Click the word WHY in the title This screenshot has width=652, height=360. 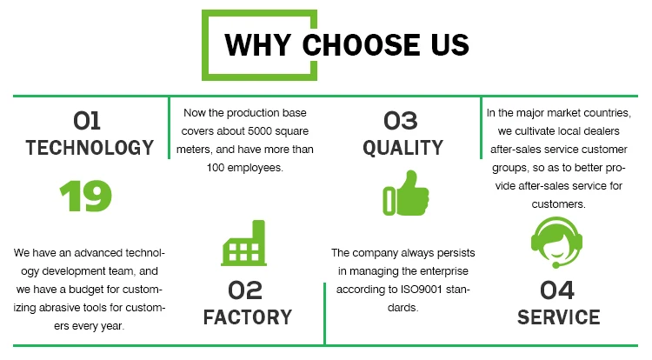point(258,44)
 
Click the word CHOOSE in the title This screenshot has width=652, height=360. point(361,44)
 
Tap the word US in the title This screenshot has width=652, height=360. point(450,44)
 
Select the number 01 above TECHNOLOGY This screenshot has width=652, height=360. point(87,121)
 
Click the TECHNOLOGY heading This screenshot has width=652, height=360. point(90,148)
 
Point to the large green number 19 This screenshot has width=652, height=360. point(86,196)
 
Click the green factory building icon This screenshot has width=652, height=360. point(244,243)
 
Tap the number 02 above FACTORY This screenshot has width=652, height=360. point(245,290)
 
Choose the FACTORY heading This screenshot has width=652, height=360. point(248,317)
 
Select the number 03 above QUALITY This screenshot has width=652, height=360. point(401,121)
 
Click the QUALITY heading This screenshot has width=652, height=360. point(403,148)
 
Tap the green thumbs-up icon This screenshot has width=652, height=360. point(406,193)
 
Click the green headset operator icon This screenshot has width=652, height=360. point(556,243)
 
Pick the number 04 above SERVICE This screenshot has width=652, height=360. point(557,290)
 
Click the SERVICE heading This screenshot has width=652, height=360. point(559,317)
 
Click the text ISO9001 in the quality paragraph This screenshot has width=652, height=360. point(422,290)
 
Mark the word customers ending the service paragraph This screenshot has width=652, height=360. point(558,204)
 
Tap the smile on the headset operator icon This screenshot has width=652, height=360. point(556,253)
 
